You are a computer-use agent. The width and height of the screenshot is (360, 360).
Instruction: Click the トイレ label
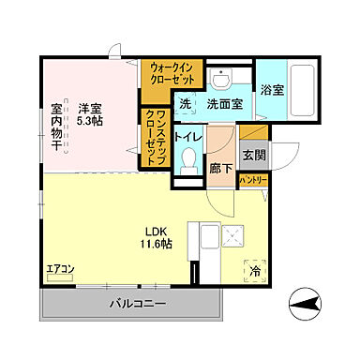[x=187, y=134]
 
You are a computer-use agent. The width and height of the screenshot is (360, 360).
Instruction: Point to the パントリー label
[x=253, y=179]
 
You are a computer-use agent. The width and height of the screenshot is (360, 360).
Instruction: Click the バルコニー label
[x=137, y=303]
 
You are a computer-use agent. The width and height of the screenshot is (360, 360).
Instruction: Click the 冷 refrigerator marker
[x=254, y=271]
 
